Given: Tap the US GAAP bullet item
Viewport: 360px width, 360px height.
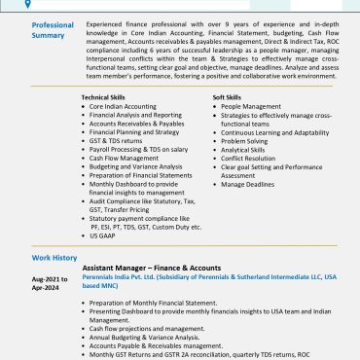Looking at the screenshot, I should tap(104, 235).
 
